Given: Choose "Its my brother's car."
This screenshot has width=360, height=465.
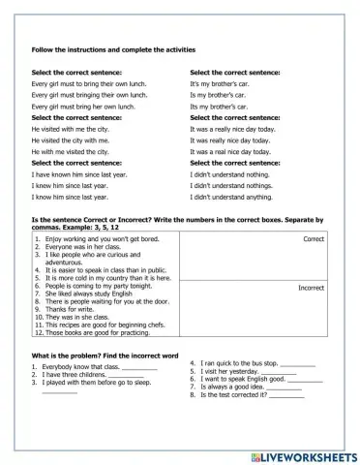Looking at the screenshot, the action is [224, 107].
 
